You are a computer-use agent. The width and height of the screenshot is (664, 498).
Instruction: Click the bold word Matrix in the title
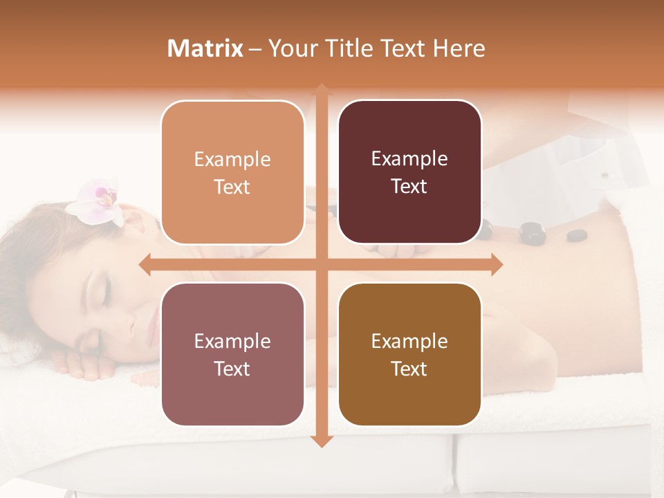(205, 48)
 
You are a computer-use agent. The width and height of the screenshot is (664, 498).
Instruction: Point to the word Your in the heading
(290, 48)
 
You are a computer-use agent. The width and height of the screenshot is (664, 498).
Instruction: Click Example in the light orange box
(232, 160)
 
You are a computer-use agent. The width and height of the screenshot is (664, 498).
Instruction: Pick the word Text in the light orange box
(232, 187)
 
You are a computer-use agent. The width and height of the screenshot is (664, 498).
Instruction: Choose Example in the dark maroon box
(409, 159)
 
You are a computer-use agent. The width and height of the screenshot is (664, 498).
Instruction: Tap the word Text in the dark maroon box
(409, 187)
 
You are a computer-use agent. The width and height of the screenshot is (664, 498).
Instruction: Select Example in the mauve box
(232, 342)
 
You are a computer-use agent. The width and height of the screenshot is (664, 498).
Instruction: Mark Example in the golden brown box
(409, 342)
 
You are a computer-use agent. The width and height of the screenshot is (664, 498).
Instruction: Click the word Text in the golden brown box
(409, 369)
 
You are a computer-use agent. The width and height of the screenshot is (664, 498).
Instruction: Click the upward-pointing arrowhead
(322, 90)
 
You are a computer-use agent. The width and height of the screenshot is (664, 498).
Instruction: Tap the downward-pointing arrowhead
(322, 441)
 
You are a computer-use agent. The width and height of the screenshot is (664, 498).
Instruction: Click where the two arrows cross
(322, 264)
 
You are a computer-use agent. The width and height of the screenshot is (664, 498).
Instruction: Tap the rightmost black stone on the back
(576, 236)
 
